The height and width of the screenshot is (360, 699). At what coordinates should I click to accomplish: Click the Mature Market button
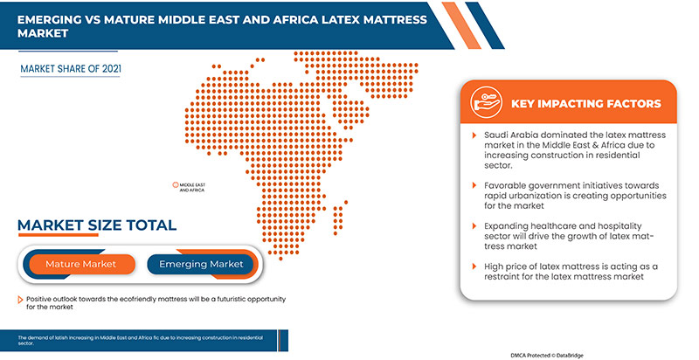(80, 264)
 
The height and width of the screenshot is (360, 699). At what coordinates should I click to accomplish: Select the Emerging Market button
(200, 264)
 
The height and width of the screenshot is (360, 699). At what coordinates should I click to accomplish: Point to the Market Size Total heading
(97, 225)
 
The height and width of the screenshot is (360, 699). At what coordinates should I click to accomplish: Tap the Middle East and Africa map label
(191, 187)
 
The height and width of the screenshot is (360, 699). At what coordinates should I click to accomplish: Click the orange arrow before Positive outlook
(20, 300)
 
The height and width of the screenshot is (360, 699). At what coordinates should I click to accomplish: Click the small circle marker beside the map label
(175, 185)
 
